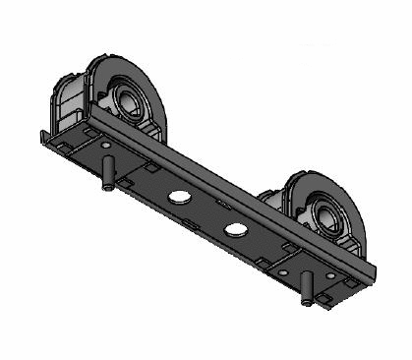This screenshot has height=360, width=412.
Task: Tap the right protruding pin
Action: click(309, 287)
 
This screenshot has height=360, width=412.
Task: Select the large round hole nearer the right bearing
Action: click(235, 229)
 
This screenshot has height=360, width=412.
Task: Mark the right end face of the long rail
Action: click(373, 271)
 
